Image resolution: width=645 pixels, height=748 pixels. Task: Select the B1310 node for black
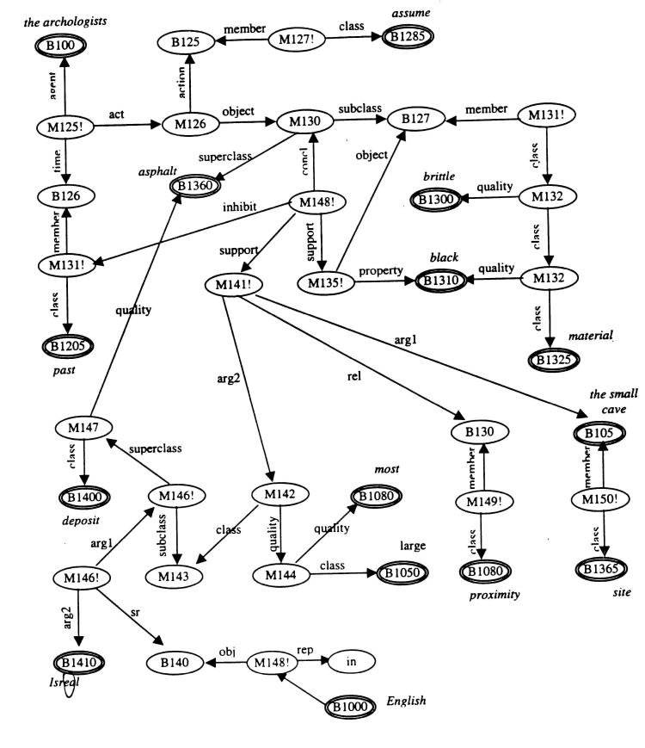(442, 280)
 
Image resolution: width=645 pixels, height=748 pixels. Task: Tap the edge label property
(380, 270)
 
